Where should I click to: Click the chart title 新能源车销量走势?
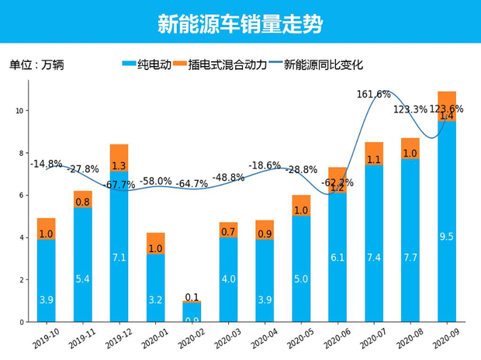[240, 23]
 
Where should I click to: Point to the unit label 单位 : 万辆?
[36, 65]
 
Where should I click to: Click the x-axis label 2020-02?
[192, 337]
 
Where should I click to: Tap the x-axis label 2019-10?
[45, 337]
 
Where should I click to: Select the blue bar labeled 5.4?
[83, 265]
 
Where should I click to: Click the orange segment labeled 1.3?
[119, 158]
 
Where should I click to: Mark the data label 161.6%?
[374, 95]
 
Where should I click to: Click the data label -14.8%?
[46, 164]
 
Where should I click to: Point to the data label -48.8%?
[228, 178]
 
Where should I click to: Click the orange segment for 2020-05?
[301, 206]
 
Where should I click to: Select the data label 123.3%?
[410, 109]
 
